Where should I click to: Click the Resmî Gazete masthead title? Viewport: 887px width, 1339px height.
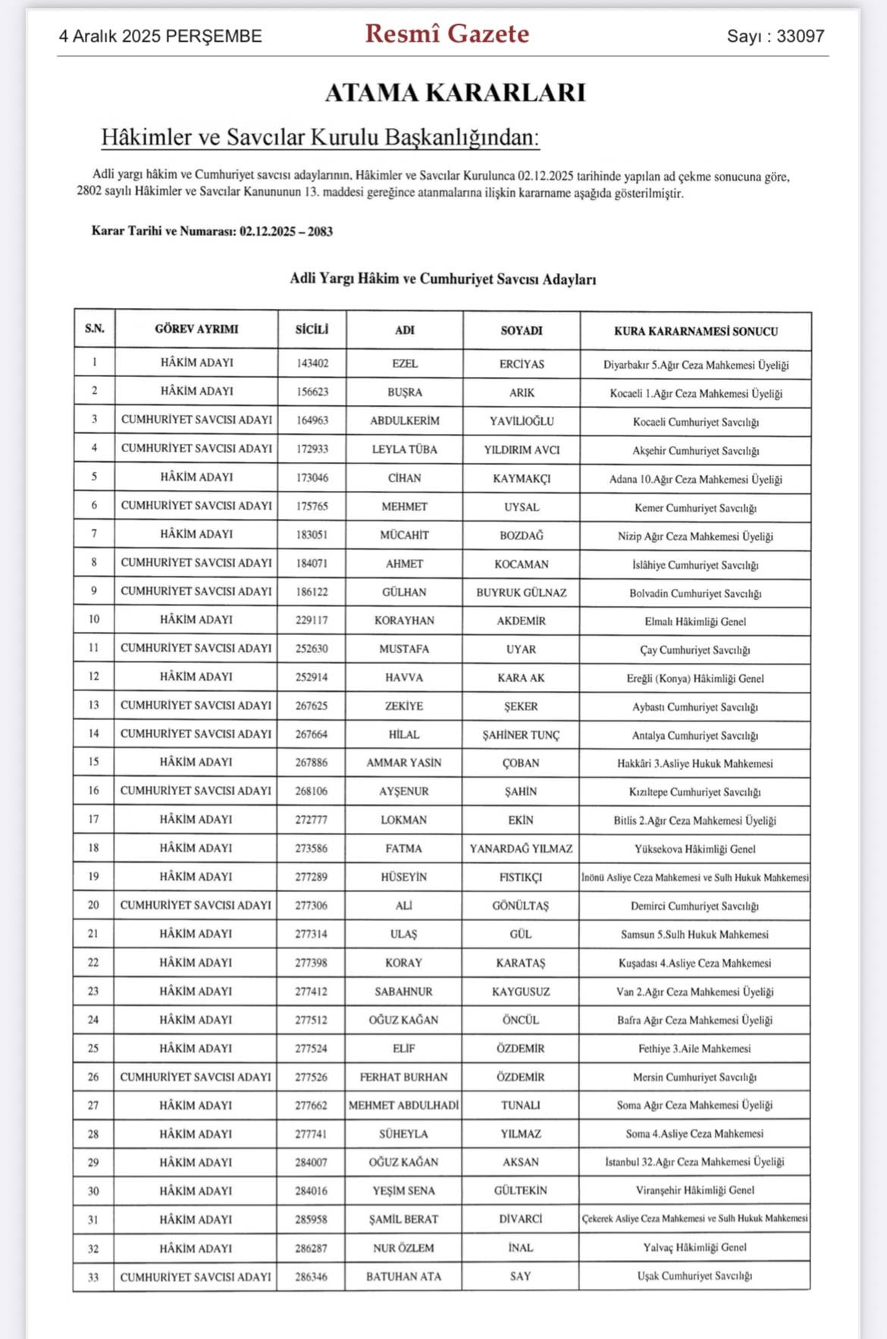447,34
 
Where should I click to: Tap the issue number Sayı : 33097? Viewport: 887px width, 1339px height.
775,36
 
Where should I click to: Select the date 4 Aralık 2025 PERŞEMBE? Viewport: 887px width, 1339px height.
161,36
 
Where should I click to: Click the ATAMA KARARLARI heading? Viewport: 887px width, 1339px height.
455,93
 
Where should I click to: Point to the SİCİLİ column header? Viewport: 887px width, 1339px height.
312,330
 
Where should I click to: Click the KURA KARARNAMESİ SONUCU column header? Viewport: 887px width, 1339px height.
695,332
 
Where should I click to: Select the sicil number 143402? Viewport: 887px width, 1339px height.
312,363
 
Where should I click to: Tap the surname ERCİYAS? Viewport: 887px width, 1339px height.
522,364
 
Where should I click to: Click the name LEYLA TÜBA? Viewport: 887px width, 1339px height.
404,449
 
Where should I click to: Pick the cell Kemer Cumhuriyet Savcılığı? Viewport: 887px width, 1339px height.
695,508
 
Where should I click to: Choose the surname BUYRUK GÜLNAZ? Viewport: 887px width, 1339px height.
521,592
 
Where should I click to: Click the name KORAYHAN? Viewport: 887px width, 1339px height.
404,621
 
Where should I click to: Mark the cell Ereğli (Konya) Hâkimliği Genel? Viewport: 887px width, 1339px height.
695,678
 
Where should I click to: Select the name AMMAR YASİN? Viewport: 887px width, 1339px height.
403,762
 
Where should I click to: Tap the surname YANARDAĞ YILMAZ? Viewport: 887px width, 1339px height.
521,848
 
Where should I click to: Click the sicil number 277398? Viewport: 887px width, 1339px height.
311,963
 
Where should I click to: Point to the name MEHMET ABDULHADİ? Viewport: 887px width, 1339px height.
403,1105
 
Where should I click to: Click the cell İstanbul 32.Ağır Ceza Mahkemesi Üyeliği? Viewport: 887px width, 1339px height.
694,1162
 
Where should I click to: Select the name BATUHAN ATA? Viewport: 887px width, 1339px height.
403,1277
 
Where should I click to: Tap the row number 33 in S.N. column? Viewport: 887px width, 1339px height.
93,1277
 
